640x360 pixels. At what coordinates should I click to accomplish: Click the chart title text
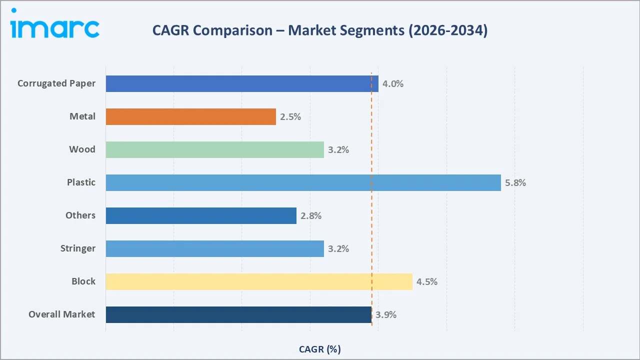(319, 30)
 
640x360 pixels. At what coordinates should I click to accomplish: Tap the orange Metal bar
(190, 116)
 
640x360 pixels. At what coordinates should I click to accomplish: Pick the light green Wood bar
(214, 149)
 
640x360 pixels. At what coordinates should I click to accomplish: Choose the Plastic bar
(303, 182)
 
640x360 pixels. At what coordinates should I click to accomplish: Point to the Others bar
(201, 215)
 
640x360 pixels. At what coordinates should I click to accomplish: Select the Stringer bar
(214, 248)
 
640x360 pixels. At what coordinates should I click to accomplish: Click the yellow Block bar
(259, 281)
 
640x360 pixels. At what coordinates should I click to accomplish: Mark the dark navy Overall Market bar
(238, 314)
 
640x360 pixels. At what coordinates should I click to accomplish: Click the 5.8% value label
(515, 183)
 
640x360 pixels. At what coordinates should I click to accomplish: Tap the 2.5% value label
(290, 117)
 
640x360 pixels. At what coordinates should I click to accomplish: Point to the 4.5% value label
(427, 282)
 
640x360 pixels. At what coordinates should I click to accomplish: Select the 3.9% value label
(386, 315)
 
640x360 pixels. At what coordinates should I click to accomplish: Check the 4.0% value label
(393, 84)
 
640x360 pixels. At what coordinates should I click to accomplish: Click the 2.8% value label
(311, 216)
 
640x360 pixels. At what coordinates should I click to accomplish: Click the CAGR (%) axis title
(319, 349)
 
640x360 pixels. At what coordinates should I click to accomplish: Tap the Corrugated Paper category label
(56, 83)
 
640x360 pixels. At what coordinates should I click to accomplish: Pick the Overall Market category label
(61, 314)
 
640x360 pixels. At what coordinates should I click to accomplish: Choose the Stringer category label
(77, 248)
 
